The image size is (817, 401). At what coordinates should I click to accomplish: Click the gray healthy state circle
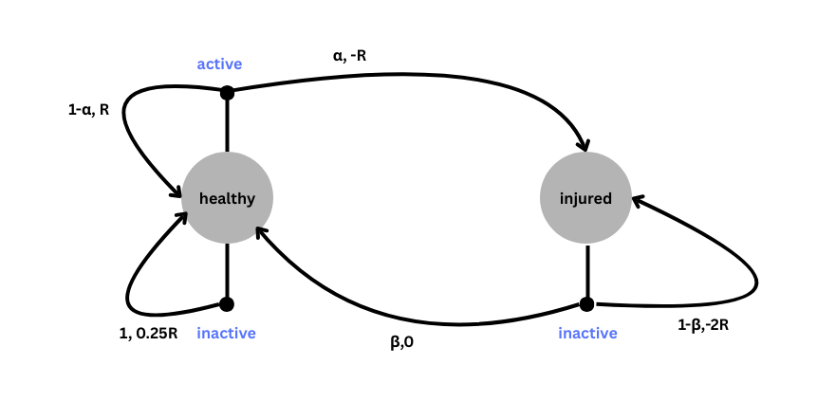point(227,198)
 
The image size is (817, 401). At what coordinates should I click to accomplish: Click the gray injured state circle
point(585,198)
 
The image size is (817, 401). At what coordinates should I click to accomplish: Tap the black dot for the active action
point(227,92)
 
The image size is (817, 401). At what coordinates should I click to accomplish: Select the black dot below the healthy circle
point(227,304)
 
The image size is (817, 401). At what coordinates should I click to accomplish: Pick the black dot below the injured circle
point(586,304)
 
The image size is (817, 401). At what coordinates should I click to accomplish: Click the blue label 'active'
point(219,64)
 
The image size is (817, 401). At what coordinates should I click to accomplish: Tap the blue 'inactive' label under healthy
point(226,333)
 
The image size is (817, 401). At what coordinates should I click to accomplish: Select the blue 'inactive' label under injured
point(587,333)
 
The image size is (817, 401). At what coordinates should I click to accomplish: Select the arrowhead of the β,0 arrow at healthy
point(262,230)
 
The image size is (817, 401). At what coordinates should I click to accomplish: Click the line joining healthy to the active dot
point(227,123)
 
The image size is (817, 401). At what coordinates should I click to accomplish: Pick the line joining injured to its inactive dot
point(586,272)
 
